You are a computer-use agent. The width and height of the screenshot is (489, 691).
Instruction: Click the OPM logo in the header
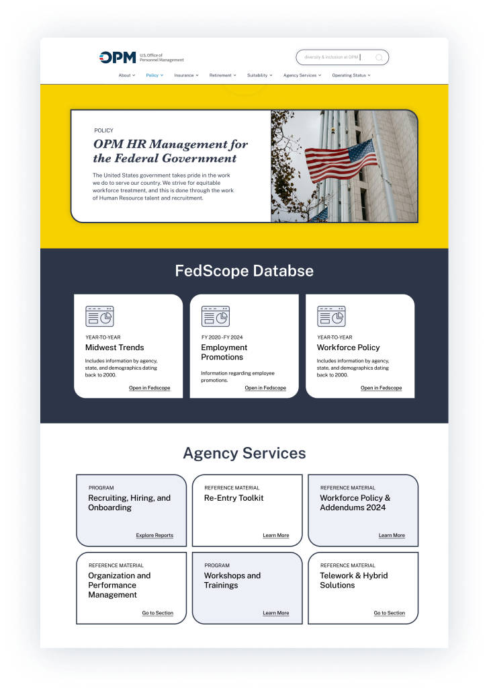[118, 58]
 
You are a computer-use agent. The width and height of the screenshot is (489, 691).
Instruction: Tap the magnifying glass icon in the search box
[379, 58]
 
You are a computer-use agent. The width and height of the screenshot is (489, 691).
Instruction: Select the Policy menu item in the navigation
[154, 75]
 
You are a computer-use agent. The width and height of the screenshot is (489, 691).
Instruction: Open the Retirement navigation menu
[222, 75]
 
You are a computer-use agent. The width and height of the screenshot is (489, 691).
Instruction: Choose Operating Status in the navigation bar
[351, 75]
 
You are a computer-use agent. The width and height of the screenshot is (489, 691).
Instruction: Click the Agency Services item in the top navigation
[302, 75]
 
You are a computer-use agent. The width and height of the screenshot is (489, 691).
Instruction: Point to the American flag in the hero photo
[340, 160]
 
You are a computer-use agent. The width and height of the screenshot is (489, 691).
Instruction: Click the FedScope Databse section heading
[244, 271]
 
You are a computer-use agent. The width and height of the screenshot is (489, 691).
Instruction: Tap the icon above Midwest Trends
[99, 316]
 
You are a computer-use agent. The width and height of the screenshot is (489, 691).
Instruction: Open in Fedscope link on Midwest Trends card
[150, 388]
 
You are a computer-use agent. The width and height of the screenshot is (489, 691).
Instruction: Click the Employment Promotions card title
[224, 352]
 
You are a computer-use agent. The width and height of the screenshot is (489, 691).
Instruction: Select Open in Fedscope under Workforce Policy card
[381, 388]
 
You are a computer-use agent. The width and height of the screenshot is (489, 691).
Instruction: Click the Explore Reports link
[154, 536]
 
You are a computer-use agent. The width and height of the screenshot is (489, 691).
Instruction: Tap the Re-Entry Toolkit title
[234, 498]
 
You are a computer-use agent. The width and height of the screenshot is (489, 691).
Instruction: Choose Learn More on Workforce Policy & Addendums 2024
[392, 536]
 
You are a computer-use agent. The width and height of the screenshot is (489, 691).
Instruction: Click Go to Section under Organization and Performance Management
[157, 613]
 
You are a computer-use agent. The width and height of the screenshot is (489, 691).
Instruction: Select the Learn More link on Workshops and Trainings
[275, 613]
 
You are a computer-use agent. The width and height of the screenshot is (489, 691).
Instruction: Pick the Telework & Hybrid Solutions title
[353, 580]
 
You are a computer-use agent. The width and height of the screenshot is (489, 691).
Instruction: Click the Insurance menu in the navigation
[186, 75]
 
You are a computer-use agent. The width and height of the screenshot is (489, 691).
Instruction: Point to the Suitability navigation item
[259, 75]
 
